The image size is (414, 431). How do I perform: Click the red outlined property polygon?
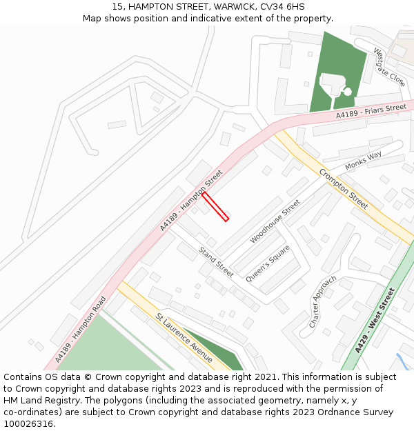[215, 206]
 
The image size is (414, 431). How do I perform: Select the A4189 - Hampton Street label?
[191, 200]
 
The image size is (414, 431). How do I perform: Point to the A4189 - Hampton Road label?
[81, 330]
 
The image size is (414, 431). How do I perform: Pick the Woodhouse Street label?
[275, 221]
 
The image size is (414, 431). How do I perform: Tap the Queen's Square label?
[268, 263]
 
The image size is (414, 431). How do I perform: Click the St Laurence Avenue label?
[184, 337]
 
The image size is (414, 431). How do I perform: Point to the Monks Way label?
[364, 160]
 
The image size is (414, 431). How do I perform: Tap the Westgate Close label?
[389, 66]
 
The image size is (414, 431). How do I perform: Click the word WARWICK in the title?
[235, 6]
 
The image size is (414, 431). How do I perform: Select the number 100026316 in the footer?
[28, 424]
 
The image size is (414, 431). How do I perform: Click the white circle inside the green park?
[347, 92]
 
